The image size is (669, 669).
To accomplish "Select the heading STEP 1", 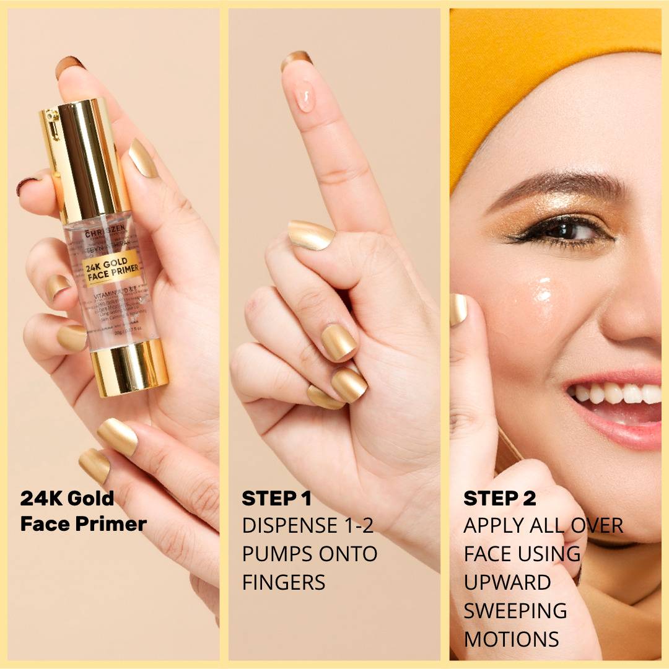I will (276, 498).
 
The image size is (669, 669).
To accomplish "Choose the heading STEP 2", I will (499, 498).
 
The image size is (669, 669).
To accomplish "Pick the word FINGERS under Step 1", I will (284, 582).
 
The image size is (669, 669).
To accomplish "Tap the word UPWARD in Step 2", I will (507, 582).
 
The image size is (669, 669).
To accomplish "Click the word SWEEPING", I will (515, 611).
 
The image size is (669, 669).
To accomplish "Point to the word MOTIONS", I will (512, 639).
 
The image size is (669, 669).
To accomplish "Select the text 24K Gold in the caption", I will (68, 498).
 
